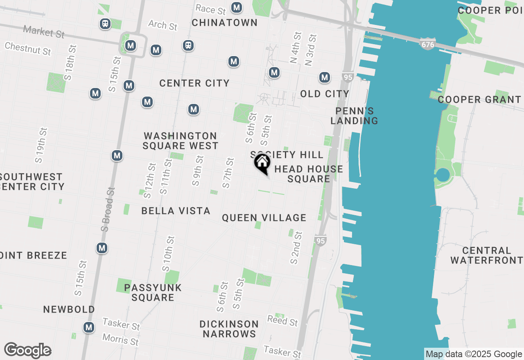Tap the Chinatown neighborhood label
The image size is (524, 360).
[x=224, y=22]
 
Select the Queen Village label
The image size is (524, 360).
[x=264, y=218]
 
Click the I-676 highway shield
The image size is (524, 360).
[x=427, y=45]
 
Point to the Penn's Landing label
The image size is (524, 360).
[x=355, y=116]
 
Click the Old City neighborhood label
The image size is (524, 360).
[x=325, y=94]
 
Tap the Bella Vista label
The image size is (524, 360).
[x=176, y=211]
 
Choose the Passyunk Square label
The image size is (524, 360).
[x=153, y=292]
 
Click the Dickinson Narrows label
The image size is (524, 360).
[x=229, y=329]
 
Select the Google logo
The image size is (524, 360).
[x=27, y=351]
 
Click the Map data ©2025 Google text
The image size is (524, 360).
[x=474, y=354]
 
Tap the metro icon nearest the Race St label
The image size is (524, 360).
[x=236, y=7]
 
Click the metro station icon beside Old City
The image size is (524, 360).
[x=325, y=77]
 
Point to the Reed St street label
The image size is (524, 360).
[x=282, y=321]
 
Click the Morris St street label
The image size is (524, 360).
[x=120, y=339]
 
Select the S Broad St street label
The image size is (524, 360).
[x=108, y=209]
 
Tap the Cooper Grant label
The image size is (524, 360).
[x=479, y=99]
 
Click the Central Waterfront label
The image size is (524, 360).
[x=486, y=255]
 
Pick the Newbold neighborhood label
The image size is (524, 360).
[x=69, y=309]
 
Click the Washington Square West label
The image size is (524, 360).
[x=181, y=141]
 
